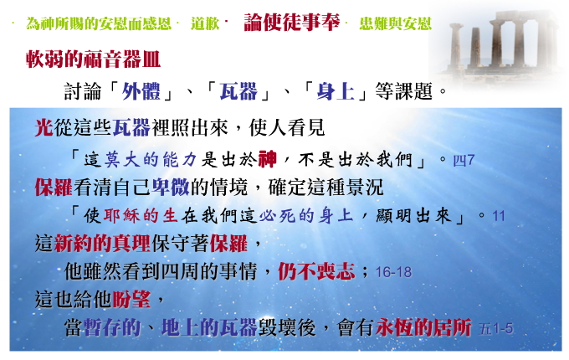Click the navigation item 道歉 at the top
pos(205,23)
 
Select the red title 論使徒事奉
pos(292,22)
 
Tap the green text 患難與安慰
pos(395,23)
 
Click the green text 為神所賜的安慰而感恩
pos(99,23)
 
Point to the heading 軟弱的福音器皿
pos(93,59)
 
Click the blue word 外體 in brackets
pos(141,91)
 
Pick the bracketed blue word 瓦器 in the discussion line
pos(238,91)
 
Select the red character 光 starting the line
pos(44,128)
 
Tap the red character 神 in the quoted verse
pos(268,159)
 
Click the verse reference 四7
pos(464,160)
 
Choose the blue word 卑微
pos(170,188)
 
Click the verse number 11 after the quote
pos(499,216)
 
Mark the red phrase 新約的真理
pos(102,243)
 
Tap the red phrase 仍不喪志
pos(316,271)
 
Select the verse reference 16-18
pos(393,272)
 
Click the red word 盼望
pos(131,300)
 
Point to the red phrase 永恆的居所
pos(423,327)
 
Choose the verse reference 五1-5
pos(495,329)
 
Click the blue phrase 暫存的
pos(112,327)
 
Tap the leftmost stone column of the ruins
pos(456,45)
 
